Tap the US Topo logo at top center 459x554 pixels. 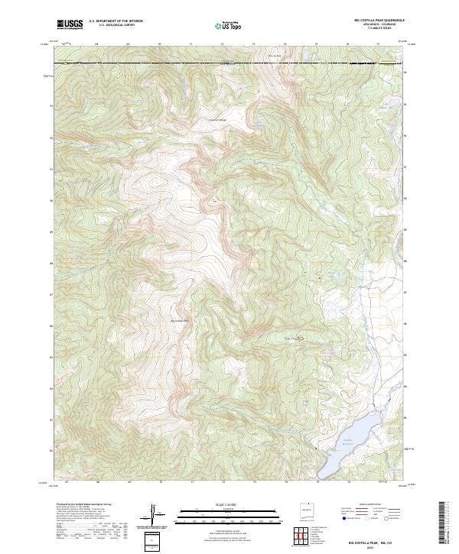(x=229, y=25)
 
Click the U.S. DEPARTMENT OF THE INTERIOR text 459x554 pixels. (x=116, y=21)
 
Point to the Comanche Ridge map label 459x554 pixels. (x=219, y=119)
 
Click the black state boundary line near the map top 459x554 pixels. (x=229, y=63)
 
